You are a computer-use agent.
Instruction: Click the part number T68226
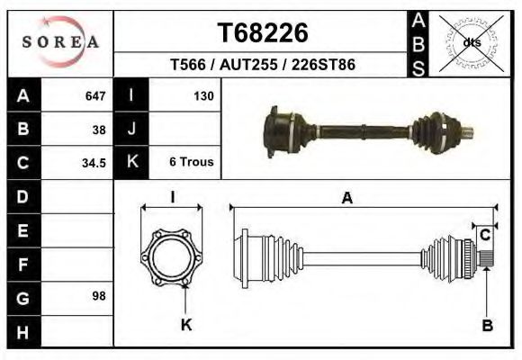pos(263,32)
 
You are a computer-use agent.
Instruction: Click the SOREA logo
pos(60,42)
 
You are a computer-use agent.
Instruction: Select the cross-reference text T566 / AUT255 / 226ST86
pos(263,66)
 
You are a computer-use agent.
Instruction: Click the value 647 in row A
pos(94,96)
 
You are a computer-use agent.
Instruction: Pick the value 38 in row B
pos(98,129)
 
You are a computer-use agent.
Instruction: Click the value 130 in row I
pos(202,96)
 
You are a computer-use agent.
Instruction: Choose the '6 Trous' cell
pos(191,162)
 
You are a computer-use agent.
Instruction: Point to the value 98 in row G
pos(98,296)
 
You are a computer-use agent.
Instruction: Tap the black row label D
pos(22,196)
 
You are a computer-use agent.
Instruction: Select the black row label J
pos(131,129)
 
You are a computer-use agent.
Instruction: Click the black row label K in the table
pos(131,162)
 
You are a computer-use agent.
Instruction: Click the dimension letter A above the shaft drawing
pos(346,199)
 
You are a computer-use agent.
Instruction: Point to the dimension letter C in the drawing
pos(484,236)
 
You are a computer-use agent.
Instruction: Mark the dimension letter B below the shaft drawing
pos(487,327)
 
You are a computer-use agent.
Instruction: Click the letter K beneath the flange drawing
pos(186,326)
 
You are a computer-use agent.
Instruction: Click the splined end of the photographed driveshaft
pos(469,135)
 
